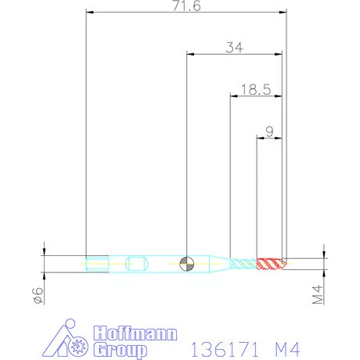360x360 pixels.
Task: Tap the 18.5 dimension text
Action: pos(255,89)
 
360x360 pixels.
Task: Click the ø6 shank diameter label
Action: pos(34,295)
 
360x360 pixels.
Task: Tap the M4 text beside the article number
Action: pos(285,345)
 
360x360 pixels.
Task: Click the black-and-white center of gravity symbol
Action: pos(186,262)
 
